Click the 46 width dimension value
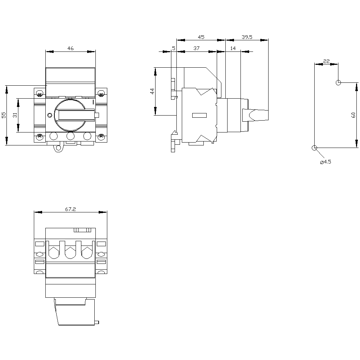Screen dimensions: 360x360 click(71, 48)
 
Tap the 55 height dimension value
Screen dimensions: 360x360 click(4, 115)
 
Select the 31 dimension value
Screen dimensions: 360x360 click(15, 115)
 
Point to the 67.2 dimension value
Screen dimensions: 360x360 click(71, 209)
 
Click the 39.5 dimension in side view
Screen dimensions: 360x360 click(247, 37)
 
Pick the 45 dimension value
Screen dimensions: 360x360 click(201, 37)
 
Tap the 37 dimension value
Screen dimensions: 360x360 click(196, 48)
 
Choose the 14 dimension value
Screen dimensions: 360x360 click(233, 48)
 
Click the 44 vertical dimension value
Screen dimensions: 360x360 click(152, 91)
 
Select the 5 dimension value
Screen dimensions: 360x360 click(174, 48)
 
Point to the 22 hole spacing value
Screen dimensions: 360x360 click(326, 61)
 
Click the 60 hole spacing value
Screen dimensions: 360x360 click(354, 115)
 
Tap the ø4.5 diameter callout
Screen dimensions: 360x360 click(325, 162)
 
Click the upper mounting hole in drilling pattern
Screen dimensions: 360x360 click(338, 82)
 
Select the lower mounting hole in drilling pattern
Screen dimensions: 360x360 click(314, 148)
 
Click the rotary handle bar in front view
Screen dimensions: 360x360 click(77, 115)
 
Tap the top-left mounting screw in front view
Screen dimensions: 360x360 click(40, 94)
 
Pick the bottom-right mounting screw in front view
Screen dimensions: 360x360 click(101, 136)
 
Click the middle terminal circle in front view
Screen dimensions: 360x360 click(71, 136)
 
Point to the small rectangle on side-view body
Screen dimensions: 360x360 click(199, 115)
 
